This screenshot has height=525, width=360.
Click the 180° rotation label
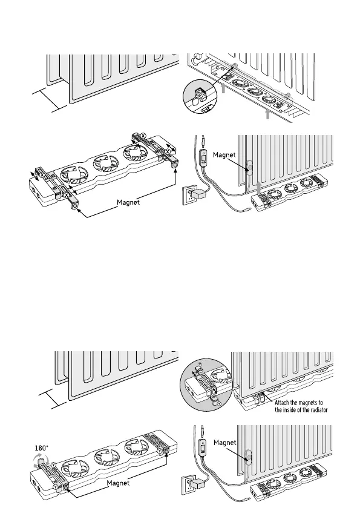(42, 447)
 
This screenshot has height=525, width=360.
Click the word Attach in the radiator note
(282, 403)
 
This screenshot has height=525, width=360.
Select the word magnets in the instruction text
(308, 403)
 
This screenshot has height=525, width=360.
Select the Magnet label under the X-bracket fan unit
(128, 202)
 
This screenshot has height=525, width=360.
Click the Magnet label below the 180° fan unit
(118, 483)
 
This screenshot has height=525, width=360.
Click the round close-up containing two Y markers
(206, 384)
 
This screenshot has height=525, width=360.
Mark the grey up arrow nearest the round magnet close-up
(223, 88)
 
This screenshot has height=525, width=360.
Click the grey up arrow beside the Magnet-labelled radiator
(258, 188)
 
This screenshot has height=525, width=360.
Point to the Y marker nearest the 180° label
(54, 464)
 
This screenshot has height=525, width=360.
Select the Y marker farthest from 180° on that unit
(160, 451)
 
